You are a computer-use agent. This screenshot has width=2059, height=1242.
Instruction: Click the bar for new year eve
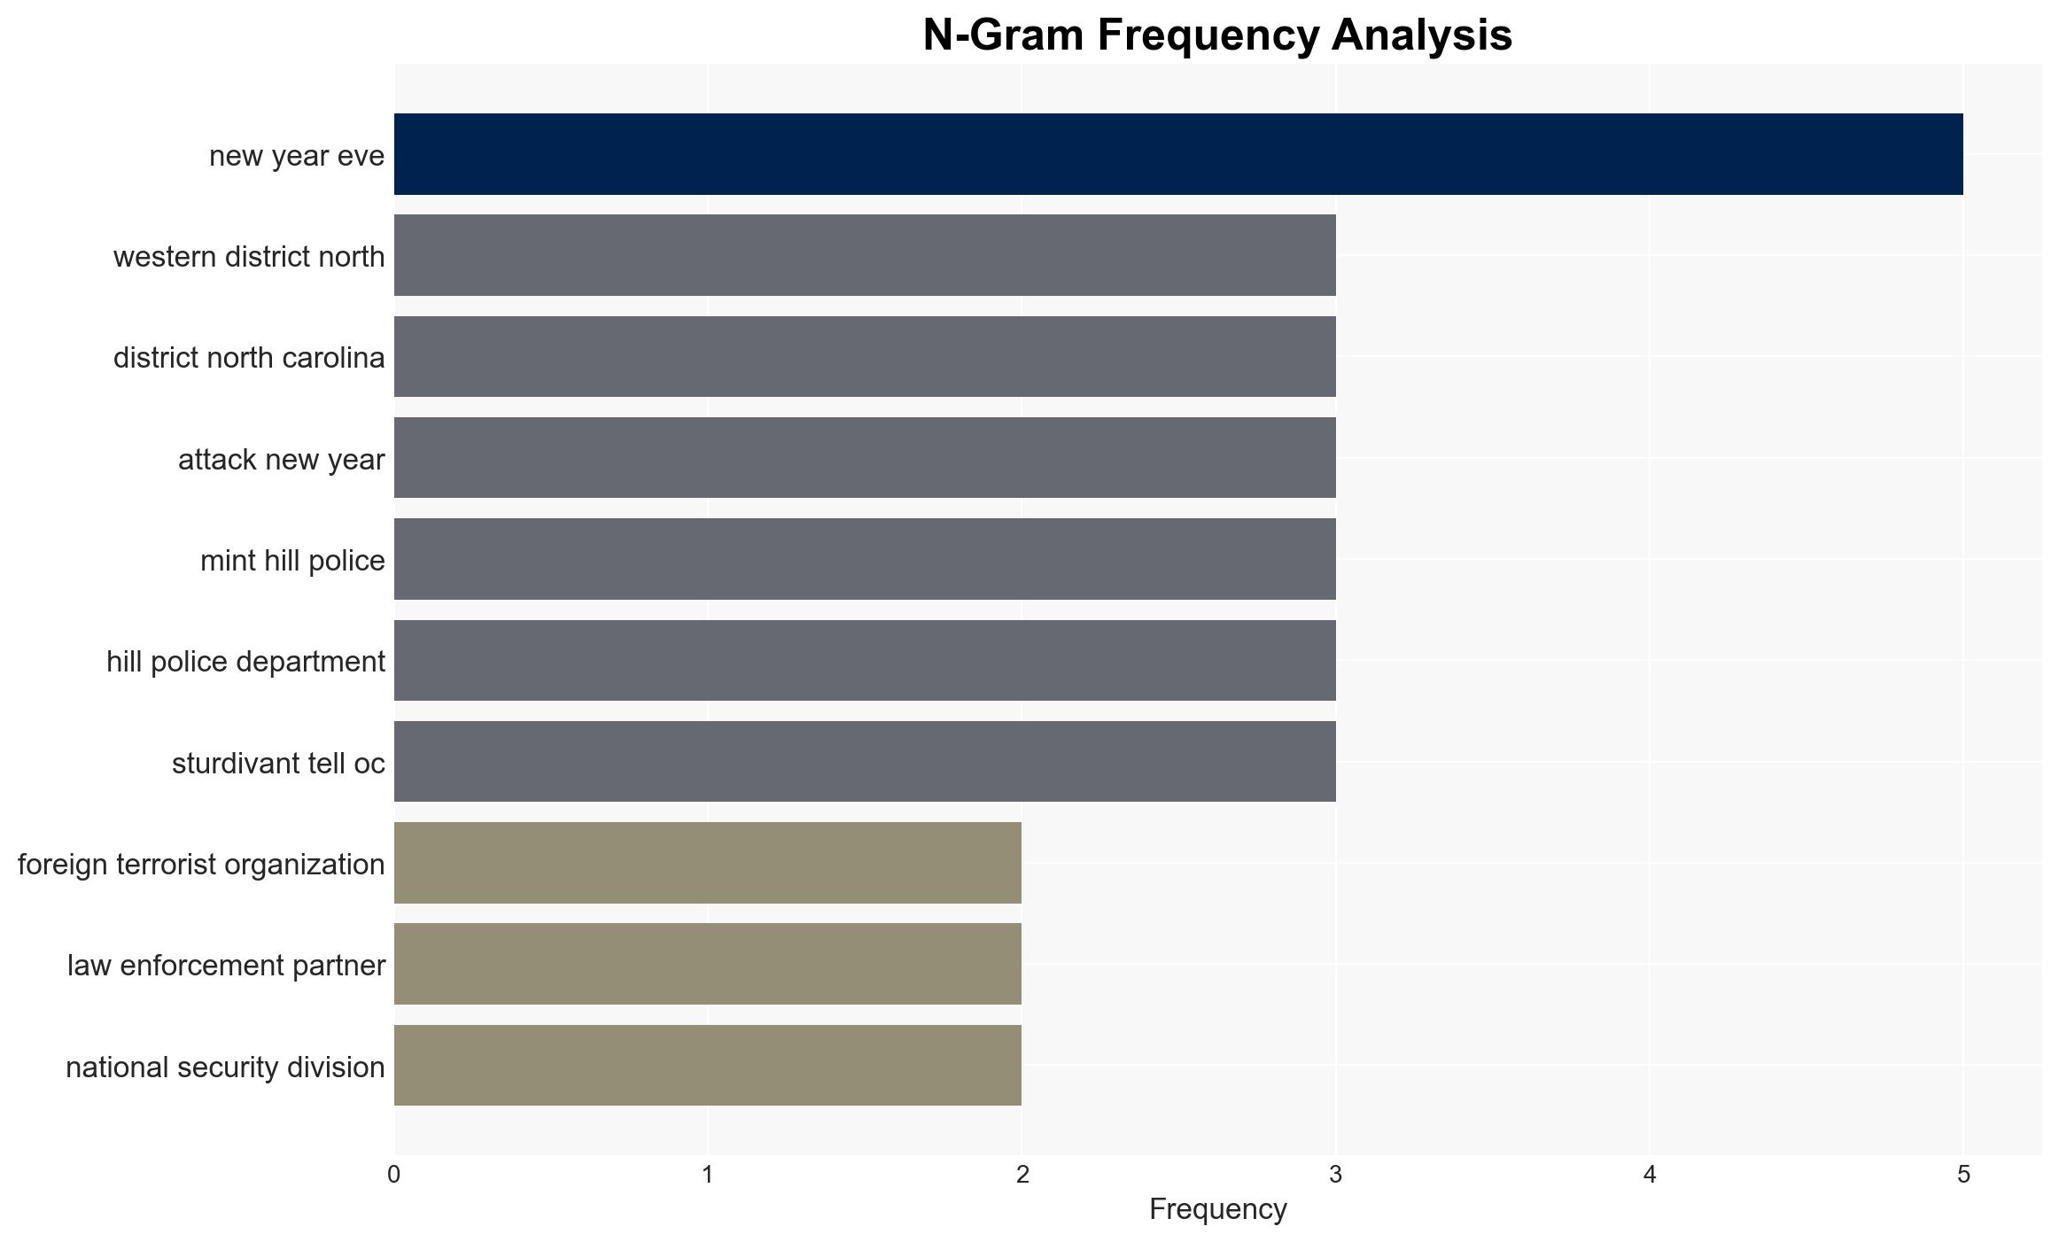click(x=1178, y=154)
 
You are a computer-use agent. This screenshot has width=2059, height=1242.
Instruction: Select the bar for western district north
click(x=865, y=255)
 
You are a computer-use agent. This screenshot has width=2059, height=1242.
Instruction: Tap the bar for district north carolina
click(x=865, y=356)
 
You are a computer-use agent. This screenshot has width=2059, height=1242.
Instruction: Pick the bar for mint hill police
click(x=865, y=559)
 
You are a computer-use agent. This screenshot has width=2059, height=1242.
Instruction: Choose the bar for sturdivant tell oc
click(x=865, y=762)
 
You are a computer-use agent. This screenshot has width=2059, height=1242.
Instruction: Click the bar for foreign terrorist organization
click(x=708, y=863)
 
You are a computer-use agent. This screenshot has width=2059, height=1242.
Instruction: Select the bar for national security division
click(x=708, y=1066)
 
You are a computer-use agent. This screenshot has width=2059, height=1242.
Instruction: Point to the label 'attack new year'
click(x=282, y=460)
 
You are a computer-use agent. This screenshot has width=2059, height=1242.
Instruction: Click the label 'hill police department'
click(x=245, y=662)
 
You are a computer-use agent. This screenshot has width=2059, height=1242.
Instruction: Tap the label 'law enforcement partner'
click(x=226, y=966)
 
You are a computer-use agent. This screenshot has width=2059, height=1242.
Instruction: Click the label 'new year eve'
click(x=297, y=156)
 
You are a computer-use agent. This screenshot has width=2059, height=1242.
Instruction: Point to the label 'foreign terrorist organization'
click(x=201, y=865)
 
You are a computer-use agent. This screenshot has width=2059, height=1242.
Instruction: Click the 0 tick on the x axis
click(x=394, y=1175)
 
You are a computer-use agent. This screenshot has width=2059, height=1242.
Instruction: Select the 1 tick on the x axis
click(x=708, y=1175)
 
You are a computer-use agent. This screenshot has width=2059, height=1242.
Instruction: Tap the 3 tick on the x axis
click(x=1336, y=1175)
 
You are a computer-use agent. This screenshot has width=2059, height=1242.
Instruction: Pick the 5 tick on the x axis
click(x=1963, y=1175)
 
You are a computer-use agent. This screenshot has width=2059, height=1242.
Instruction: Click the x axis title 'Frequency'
click(x=1218, y=1209)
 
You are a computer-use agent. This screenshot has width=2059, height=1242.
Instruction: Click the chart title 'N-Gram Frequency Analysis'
click(x=1218, y=35)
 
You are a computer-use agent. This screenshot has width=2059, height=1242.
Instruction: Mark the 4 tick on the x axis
click(x=1650, y=1175)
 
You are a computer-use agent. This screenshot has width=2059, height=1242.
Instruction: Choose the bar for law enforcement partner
click(x=708, y=964)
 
